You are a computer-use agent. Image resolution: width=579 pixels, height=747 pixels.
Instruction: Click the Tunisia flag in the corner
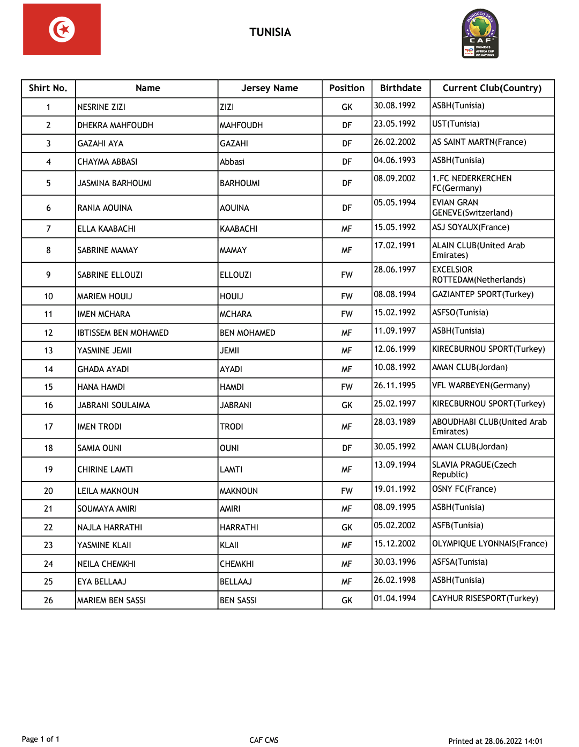coord(62,29)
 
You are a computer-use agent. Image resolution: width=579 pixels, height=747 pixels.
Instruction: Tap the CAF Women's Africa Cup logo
coord(480,34)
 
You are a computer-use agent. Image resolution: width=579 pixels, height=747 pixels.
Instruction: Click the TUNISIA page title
coord(270,32)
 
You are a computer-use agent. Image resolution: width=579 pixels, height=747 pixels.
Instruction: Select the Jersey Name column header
coord(270,88)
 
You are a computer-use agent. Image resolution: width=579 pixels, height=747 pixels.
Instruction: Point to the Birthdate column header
coord(400,88)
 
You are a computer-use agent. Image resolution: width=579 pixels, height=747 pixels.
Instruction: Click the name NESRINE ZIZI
coord(101,107)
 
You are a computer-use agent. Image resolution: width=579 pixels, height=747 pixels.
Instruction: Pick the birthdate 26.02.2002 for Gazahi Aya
coord(395,142)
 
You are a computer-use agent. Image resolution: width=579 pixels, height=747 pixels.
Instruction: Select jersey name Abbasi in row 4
coord(232,161)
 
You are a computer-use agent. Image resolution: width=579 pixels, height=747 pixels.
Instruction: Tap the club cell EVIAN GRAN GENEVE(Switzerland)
coord(472,208)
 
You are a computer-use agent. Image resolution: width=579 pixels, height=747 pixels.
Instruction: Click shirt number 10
coord(48,296)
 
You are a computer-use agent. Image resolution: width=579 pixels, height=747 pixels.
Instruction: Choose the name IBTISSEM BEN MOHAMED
coord(123,332)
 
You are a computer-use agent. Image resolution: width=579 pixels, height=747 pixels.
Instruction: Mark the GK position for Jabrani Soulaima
coord(347,405)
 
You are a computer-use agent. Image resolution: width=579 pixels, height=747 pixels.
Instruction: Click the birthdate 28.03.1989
coord(395,422)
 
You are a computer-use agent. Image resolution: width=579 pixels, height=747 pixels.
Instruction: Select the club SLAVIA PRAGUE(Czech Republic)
coord(474,469)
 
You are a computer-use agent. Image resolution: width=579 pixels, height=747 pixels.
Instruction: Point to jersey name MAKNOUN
coord(239,491)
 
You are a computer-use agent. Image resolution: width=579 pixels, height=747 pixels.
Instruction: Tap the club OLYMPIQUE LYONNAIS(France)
coord(489,544)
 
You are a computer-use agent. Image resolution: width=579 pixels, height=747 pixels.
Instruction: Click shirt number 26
coord(48,600)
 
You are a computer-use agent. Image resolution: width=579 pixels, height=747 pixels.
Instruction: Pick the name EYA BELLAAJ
coord(102,581)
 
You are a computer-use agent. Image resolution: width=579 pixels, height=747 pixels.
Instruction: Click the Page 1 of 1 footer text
coord(41,739)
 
